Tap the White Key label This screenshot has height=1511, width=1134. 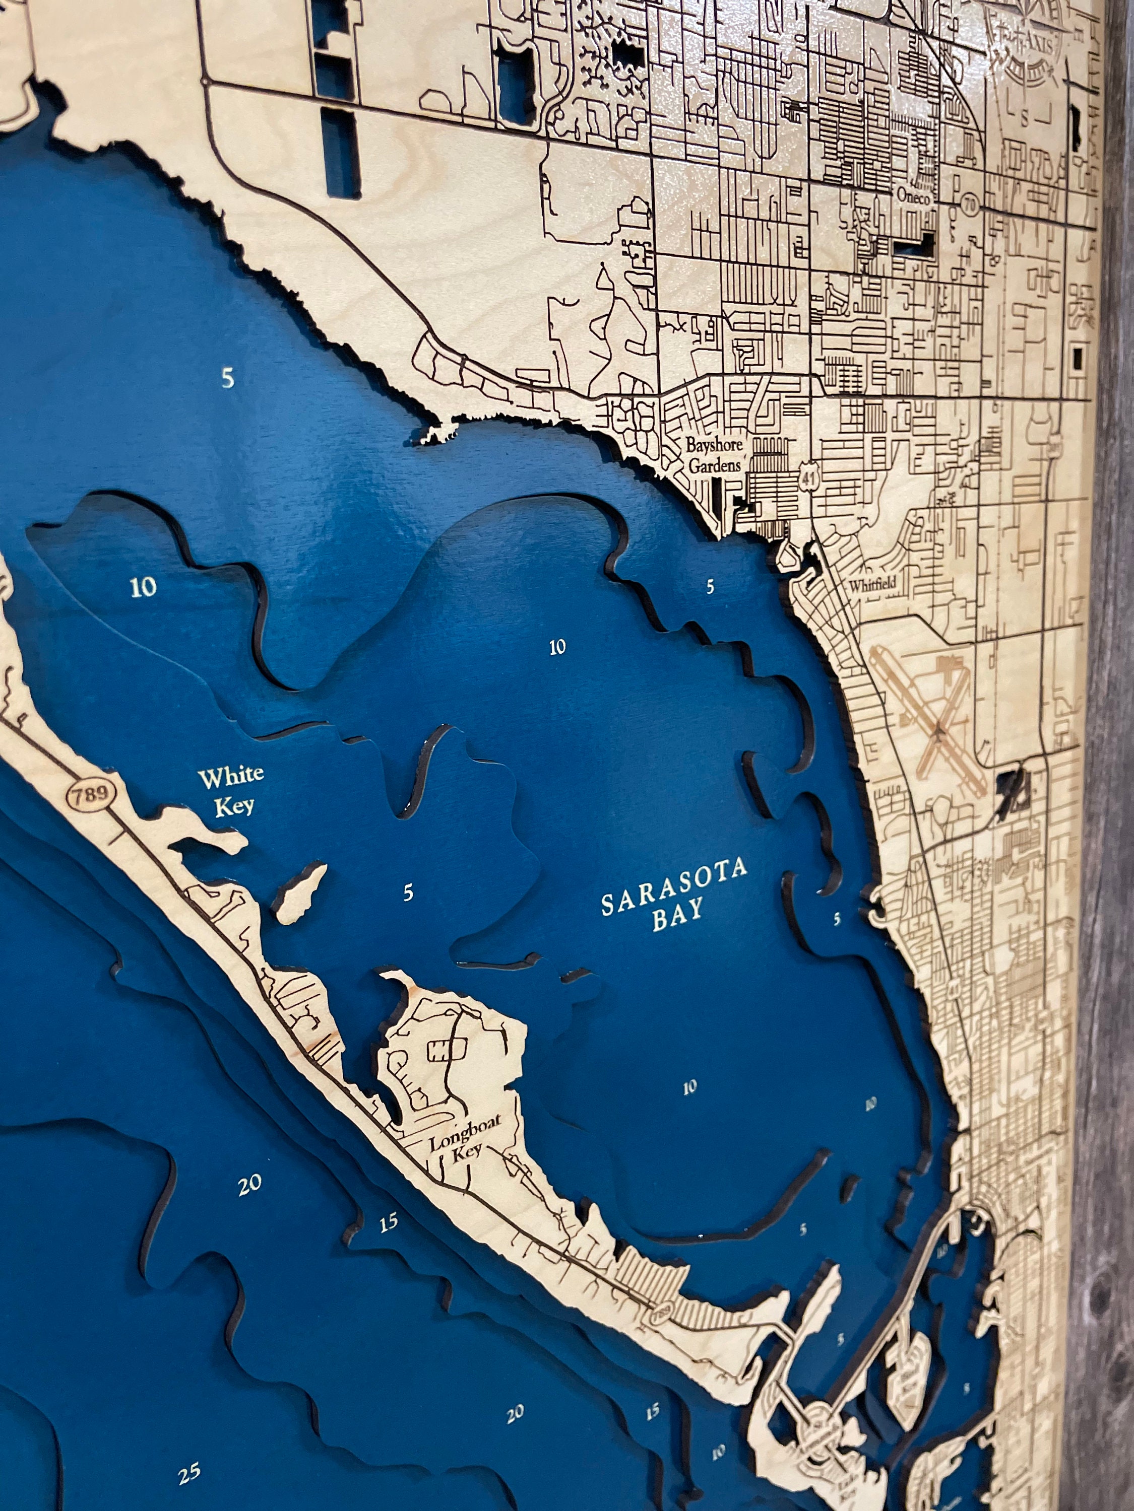click(231, 790)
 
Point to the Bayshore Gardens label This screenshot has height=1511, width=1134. click(714, 454)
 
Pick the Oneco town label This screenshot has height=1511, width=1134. click(913, 197)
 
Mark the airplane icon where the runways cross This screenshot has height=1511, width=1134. click(938, 732)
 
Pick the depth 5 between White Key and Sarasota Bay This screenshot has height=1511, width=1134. click(408, 892)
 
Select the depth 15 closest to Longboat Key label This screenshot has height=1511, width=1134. click(388, 1223)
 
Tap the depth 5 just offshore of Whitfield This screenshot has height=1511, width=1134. click(710, 586)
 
